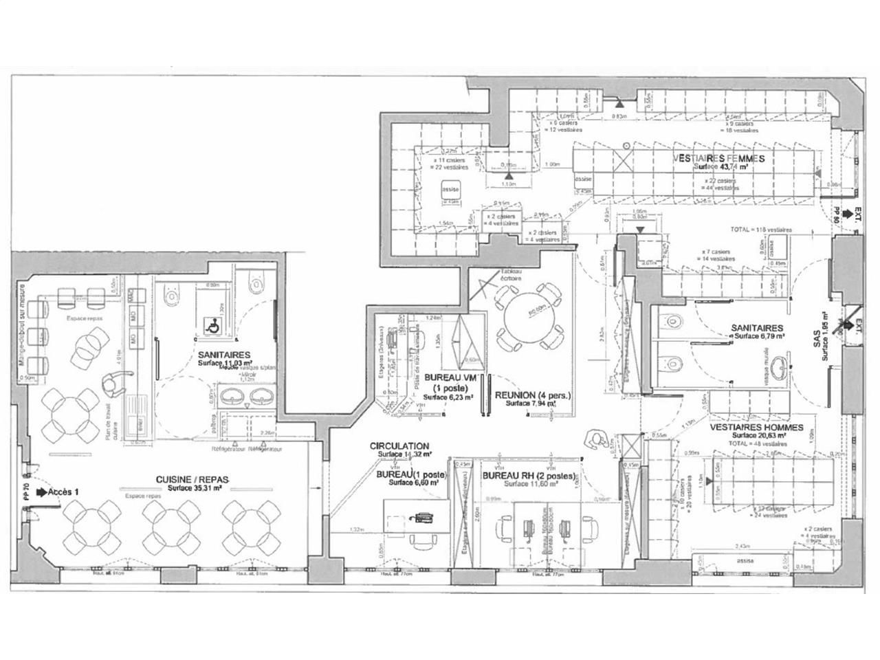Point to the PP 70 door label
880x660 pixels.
25,492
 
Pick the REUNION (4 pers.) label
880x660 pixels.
533,395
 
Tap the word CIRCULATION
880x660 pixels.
399,446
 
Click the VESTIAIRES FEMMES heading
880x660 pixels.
718,158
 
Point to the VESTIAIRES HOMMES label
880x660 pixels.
758,427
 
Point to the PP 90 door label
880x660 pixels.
837,214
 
